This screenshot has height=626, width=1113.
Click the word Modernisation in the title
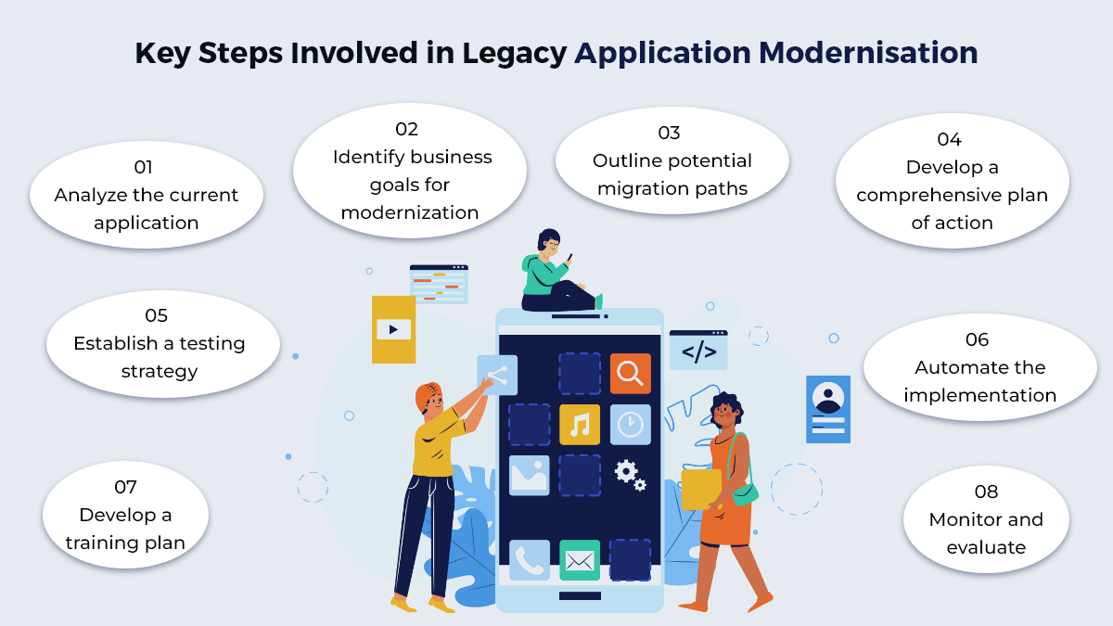point(869,53)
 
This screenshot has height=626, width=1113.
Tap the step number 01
point(143,168)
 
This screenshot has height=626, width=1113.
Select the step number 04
point(949,140)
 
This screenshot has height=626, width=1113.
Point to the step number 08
point(986,492)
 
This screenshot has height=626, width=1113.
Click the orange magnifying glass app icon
point(631,373)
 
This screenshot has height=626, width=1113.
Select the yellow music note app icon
point(580,425)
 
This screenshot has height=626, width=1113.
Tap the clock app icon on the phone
point(631,425)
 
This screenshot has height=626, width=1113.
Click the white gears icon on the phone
point(630,474)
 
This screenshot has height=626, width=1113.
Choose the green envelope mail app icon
point(580,560)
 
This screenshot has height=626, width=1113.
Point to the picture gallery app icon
point(530,475)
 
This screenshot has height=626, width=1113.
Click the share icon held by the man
point(497,375)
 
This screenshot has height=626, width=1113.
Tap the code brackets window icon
point(698,351)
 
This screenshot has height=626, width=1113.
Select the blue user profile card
point(827,409)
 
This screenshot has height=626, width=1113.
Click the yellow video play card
point(393,329)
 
